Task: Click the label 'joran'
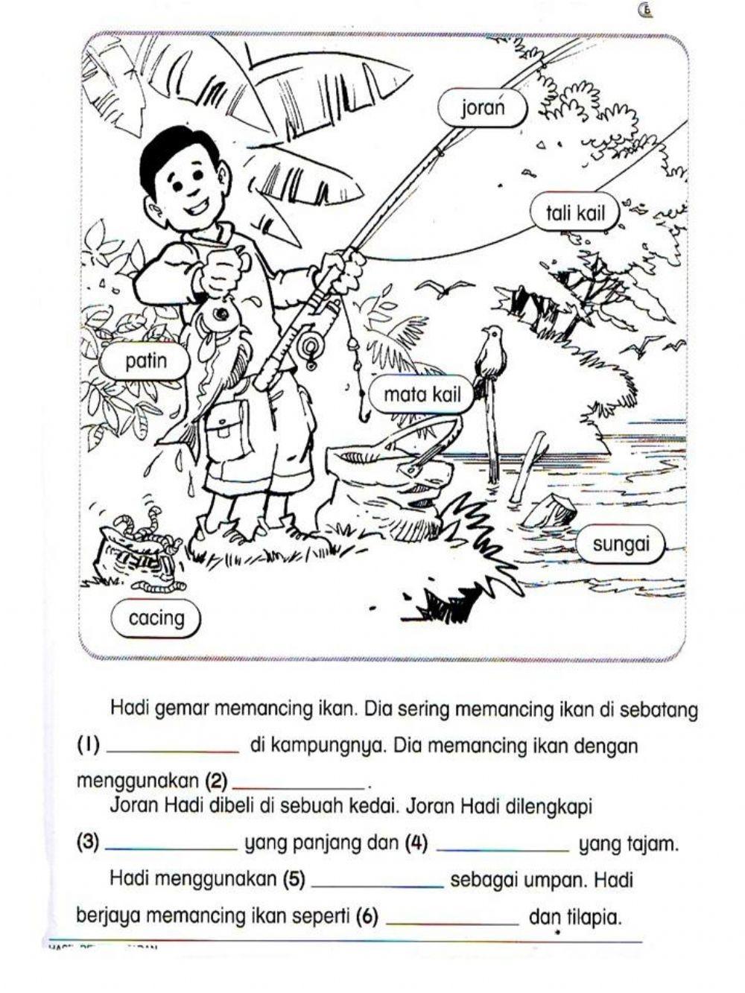483,109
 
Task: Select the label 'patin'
146,362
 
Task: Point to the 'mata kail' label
422,395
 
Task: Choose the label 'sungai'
621,545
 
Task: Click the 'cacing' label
156,618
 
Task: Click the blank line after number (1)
173,748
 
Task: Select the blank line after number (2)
298,783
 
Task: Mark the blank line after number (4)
504,846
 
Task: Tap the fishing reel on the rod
311,346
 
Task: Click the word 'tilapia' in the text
594,918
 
